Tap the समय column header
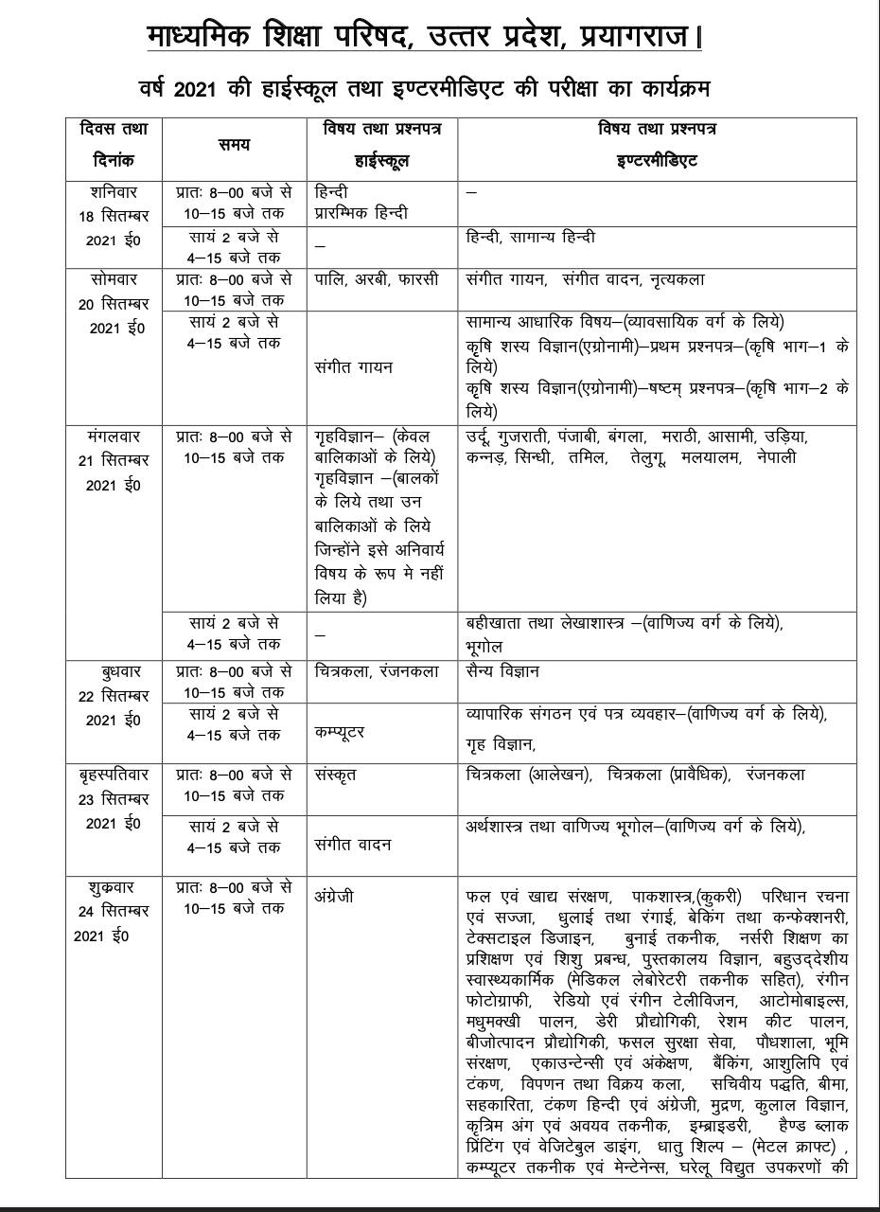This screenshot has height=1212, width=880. pos(234,144)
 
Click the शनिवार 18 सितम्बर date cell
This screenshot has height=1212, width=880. pos(114,216)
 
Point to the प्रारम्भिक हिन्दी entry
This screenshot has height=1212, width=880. pos(361,212)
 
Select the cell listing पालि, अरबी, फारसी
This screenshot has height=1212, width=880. pos(376,280)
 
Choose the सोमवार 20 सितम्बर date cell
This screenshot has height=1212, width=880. pos(114,303)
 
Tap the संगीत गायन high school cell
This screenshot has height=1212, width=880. pos(353,365)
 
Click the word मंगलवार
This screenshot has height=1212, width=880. pos(114,437)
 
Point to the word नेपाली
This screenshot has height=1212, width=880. pos(776,456)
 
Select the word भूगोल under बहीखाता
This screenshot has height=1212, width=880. pos(484,646)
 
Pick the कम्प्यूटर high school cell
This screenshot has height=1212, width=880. pos(340,732)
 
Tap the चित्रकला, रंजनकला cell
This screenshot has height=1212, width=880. pos(377,671)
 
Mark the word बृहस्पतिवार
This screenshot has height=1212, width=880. pos(114,774)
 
